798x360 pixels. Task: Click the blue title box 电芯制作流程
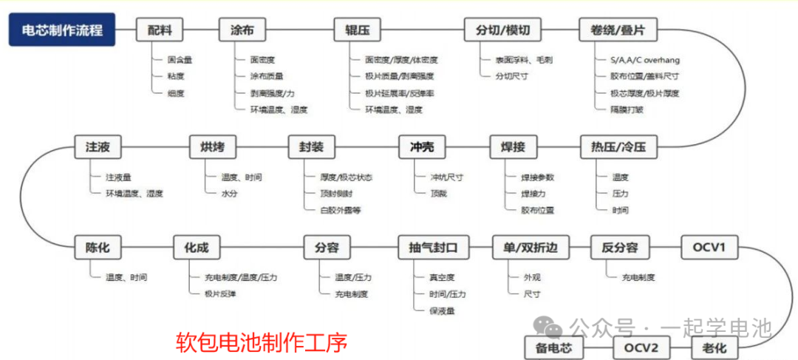point(62,30)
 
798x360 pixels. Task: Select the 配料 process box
point(160,30)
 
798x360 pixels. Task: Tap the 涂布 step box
point(242,30)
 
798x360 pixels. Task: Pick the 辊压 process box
point(358,30)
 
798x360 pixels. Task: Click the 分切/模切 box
point(503,30)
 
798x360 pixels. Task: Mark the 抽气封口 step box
point(434,247)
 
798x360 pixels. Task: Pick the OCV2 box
point(640,346)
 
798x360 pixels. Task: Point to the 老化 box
point(714,346)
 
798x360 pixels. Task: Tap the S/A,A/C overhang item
point(645,59)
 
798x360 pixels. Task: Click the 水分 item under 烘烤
point(230,193)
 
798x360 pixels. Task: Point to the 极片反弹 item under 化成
point(219,293)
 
